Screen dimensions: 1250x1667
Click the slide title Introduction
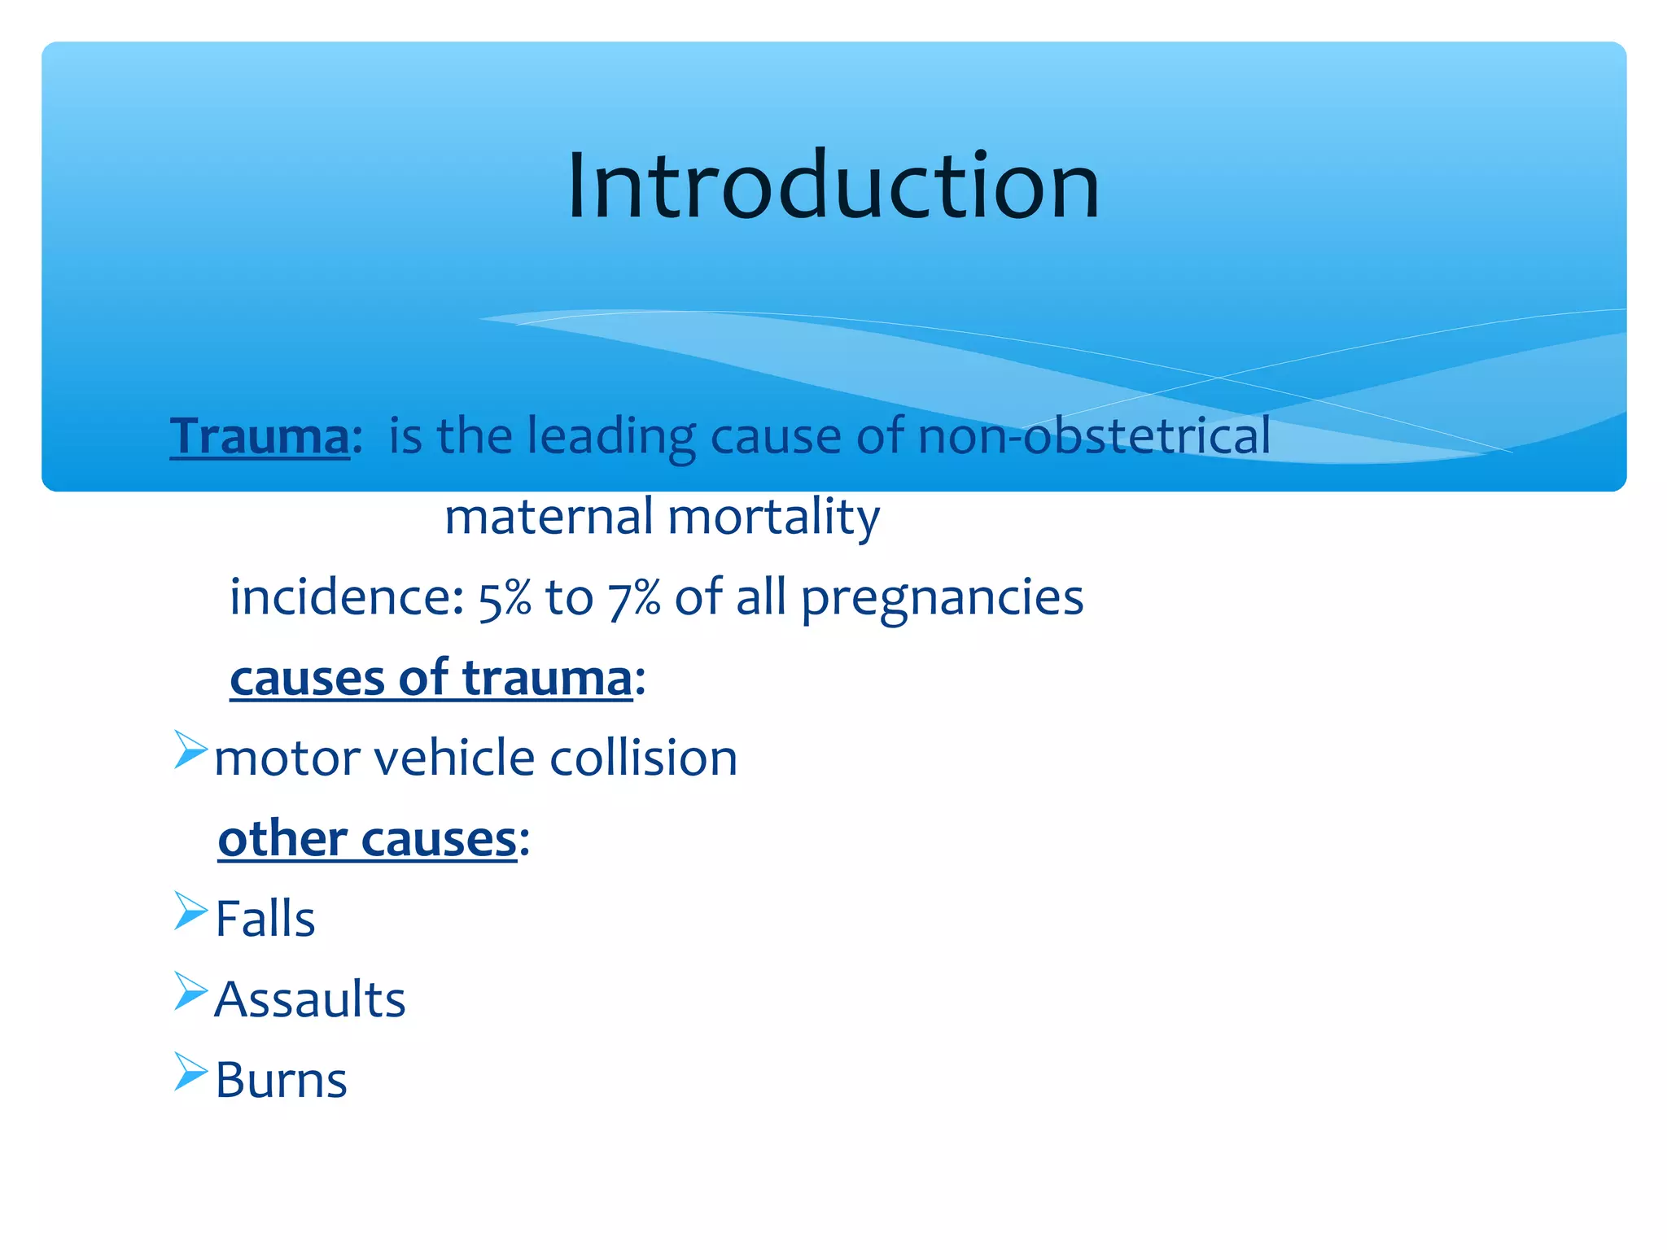[833, 187]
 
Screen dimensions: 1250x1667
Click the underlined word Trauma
[260, 437]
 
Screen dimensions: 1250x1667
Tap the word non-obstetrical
[1093, 435]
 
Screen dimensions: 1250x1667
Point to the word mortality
[773, 518]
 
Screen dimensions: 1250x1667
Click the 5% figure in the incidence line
[504, 599]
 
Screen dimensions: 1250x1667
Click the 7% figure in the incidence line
[633, 599]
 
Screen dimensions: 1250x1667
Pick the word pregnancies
[942, 599]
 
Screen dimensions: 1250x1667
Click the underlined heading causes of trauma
[431, 679]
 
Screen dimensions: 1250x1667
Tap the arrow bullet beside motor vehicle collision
[190, 750]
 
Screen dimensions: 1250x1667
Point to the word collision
[643, 758]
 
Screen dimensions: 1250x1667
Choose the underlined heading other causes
[368, 840]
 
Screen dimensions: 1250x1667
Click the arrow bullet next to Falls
[190, 911]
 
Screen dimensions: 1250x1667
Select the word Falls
[265, 920]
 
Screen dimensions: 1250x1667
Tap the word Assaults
[310, 1000]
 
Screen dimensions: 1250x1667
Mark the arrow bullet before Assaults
[190, 991]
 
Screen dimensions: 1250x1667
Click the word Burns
[282, 1081]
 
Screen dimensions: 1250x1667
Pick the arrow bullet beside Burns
[190, 1072]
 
